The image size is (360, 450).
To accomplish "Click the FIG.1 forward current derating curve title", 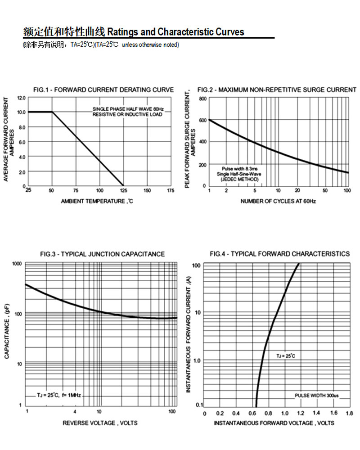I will (x=103, y=90).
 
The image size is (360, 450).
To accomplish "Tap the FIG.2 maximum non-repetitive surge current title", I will (x=277, y=90).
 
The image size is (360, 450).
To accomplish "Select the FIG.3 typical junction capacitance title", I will (x=102, y=254).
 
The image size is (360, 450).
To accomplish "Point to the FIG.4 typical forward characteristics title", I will (x=279, y=254).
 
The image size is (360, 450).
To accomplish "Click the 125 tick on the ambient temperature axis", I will (x=123, y=190).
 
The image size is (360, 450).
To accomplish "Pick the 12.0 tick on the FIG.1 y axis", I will (x=21, y=98).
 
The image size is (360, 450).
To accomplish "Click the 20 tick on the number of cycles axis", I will (x=297, y=191).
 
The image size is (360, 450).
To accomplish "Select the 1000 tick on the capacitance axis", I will (x=17, y=264).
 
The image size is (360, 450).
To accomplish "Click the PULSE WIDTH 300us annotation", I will (x=317, y=396).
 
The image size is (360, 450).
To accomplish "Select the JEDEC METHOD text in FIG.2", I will (x=239, y=179).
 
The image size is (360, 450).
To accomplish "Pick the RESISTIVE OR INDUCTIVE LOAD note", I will (x=127, y=114).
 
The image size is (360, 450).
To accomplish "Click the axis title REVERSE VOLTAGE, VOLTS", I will (x=100, y=423).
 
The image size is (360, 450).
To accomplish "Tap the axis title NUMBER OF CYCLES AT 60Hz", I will (x=278, y=201).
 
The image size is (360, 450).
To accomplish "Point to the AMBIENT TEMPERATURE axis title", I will (x=97, y=201).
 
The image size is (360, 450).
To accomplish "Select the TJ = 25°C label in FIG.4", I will (x=286, y=356).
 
